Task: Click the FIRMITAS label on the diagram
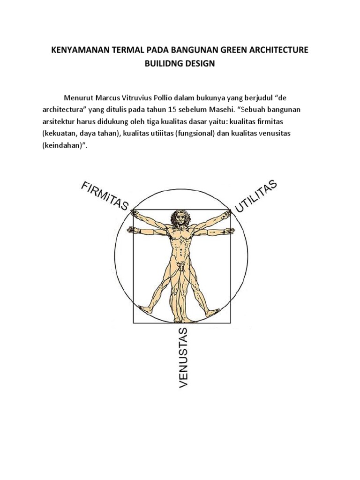click(105, 196)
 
